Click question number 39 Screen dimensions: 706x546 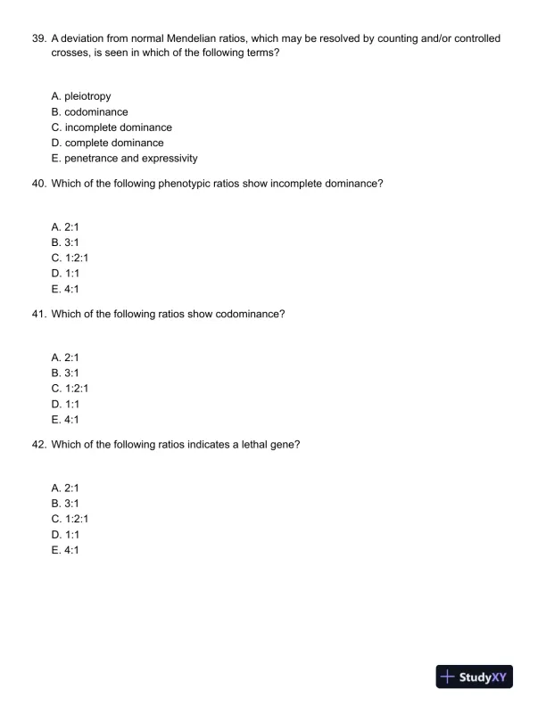(38, 39)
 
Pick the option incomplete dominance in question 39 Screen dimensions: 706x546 (112, 127)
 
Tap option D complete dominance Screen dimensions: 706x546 (107, 143)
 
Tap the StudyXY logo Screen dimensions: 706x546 (474, 677)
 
